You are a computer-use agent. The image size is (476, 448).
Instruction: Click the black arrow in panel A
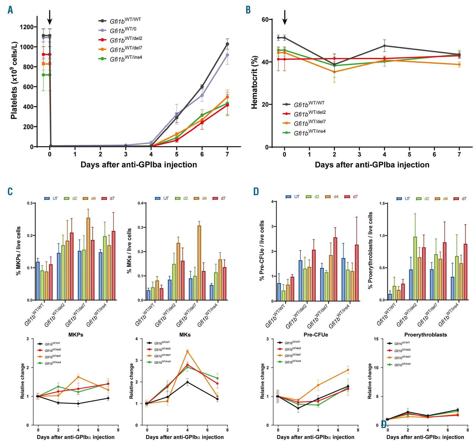pos(49,17)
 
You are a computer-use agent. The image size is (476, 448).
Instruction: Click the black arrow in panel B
pos(285,17)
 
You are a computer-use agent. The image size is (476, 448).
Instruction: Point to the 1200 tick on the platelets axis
pos(27,27)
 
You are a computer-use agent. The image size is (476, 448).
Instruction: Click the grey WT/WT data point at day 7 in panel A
pos(227,44)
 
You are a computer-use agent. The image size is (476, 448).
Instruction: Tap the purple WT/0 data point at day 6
pos(202,95)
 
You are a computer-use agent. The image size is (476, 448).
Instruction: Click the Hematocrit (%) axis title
pos(254,82)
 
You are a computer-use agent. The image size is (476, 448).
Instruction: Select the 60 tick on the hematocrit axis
pos(265,19)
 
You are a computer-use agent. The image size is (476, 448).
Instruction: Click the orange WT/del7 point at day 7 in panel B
pos(459,65)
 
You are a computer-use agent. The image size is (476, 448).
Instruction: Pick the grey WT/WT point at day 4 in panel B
pos(384,46)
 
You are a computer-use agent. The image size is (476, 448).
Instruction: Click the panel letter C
pos(10,191)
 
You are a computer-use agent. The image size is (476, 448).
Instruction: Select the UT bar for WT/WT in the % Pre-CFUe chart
pos(279,292)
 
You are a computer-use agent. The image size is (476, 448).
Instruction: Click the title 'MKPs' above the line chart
pos(76,335)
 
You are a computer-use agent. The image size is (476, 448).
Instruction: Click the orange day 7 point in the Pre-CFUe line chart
pos(348,370)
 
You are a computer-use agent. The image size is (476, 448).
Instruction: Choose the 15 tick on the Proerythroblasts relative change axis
pos(376,339)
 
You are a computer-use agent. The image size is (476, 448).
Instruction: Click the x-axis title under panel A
pos(139,165)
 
